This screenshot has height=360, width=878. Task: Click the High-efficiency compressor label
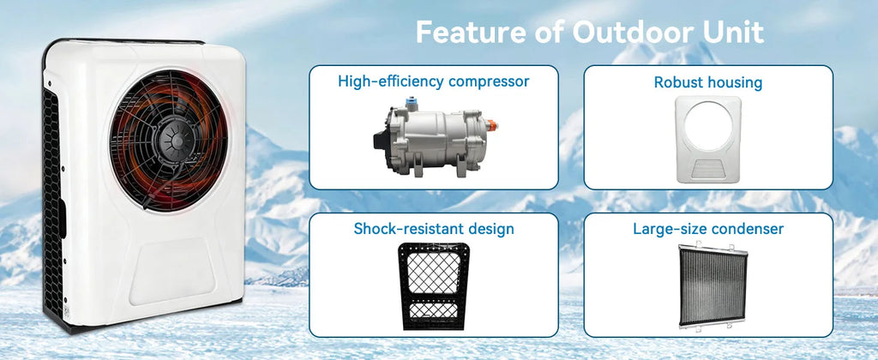coord(433,81)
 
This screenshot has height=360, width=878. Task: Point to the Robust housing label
coord(708,83)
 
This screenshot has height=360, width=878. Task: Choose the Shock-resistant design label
coord(433,229)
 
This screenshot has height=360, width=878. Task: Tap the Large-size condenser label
coord(708,229)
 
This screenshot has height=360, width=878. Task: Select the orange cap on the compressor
coord(491,125)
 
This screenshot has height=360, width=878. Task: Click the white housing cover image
coord(707,140)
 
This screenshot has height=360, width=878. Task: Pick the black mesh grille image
coord(434,285)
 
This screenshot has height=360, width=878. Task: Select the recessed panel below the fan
coord(171,271)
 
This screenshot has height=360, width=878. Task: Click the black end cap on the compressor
coord(380,138)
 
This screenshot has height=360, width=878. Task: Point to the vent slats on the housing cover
coord(707,167)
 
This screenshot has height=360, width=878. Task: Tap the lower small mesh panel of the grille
coord(433,311)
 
